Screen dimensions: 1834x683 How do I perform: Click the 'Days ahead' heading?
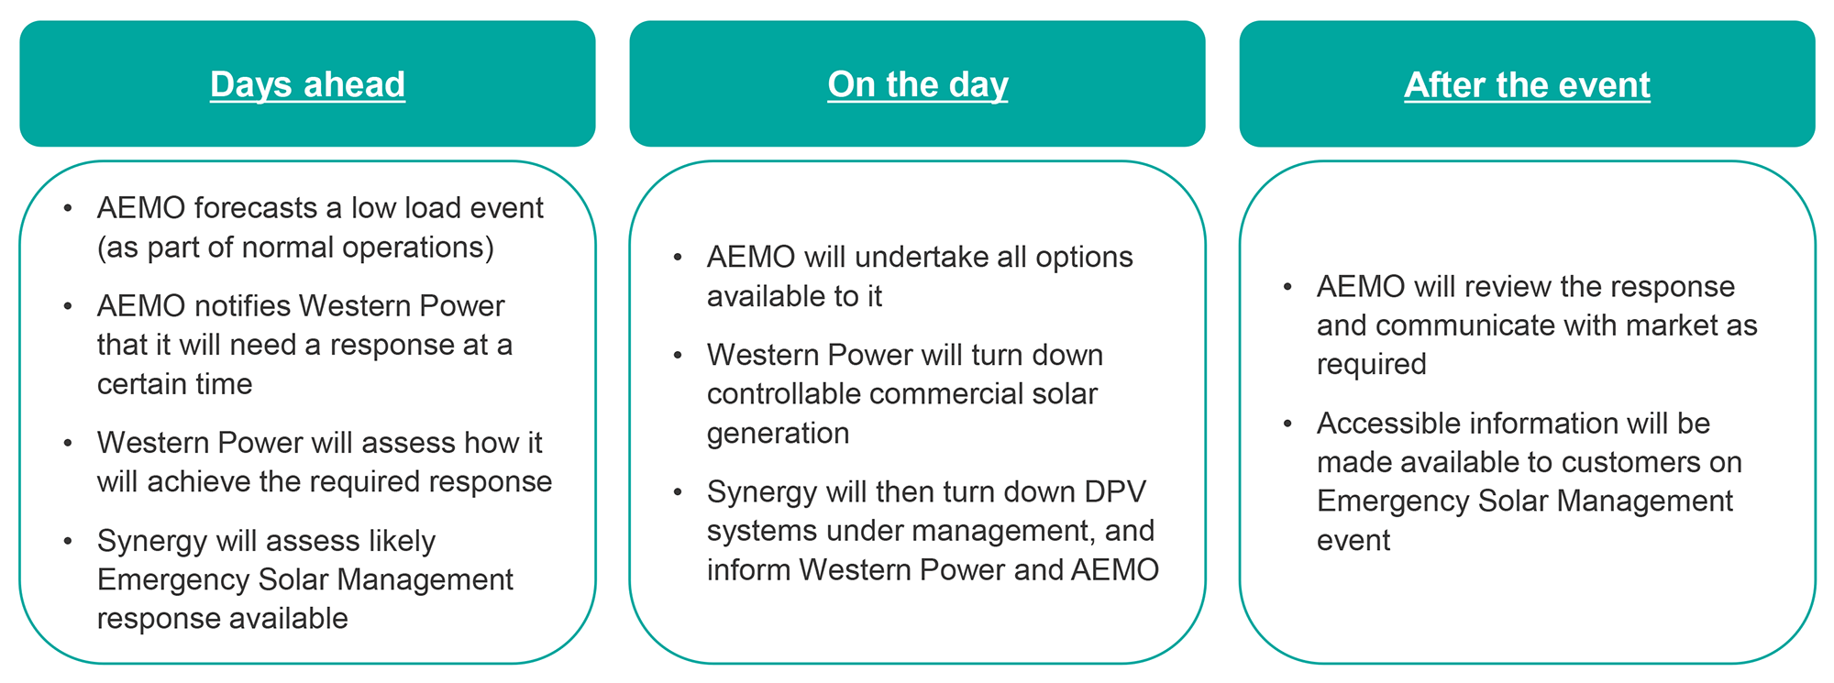pos(307,84)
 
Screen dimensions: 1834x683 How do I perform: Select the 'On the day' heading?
pos(918,84)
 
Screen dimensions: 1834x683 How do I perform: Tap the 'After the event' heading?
pos(1527,84)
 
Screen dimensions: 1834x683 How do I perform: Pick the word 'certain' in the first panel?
pos(142,384)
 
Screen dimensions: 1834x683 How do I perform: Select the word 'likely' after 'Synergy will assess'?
pos(389,541)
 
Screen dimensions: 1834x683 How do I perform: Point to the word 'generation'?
pos(779,434)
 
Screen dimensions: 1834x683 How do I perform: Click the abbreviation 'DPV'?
pos(1115,492)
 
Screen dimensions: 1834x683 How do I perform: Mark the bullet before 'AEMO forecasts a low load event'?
pos(68,208)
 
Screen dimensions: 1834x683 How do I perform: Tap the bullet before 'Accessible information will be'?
pos(1287,424)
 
